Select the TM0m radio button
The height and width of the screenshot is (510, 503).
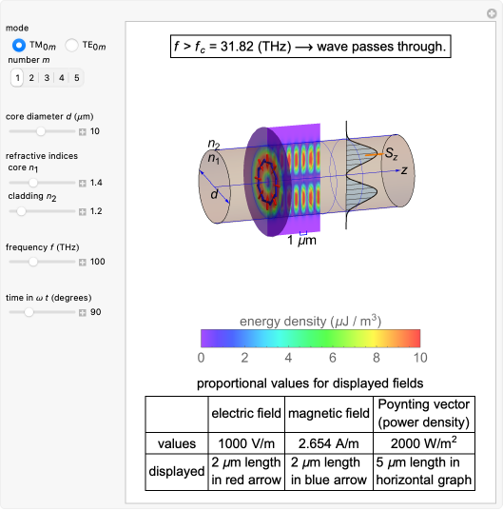coord(18,45)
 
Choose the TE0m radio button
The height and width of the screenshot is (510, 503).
coord(71,45)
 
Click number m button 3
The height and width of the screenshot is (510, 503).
coord(47,78)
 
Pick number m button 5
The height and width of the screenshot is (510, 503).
coord(77,78)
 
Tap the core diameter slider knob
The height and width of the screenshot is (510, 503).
coord(41,131)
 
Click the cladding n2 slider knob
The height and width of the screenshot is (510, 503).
coord(21,211)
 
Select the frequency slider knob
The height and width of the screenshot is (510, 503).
coord(33,262)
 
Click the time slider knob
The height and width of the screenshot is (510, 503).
coord(29,312)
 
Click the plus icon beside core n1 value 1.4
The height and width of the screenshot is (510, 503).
coord(83,183)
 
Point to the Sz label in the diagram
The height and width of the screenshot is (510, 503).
coord(391,153)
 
